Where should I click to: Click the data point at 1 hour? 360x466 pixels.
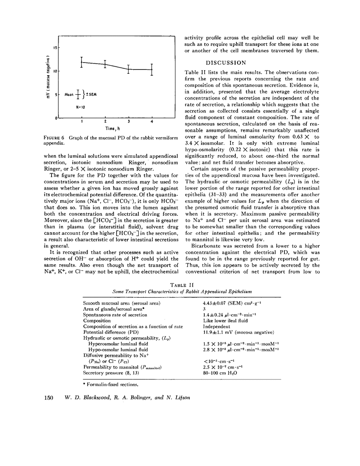pyautogui.click(x=82, y=62)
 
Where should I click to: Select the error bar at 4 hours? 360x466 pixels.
pyautogui.click(x=152, y=70)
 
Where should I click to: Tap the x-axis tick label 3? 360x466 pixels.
pyautogui.click(x=129, y=122)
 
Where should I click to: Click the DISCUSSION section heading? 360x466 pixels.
pyautogui.click(x=226, y=63)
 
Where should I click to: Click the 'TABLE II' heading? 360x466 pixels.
pyautogui.click(x=182, y=285)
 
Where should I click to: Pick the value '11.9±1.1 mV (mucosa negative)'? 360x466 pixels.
pyautogui.click(x=239, y=332)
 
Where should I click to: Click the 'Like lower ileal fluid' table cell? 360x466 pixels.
pyautogui.click(x=225, y=321)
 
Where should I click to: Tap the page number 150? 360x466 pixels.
pyautogui.click(x=49, y=398)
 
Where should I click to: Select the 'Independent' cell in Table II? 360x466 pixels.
pyautogui.click(x=217, y=327)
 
